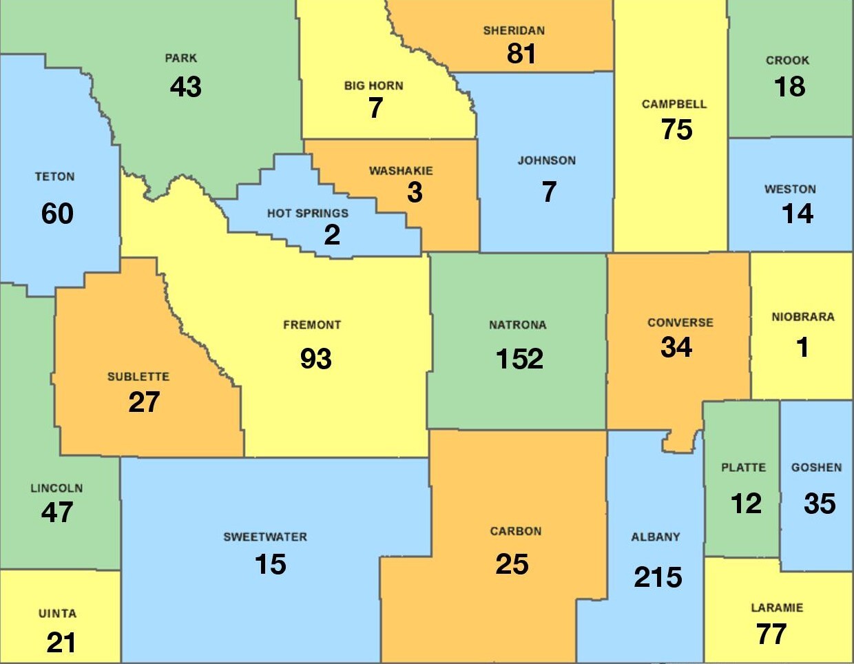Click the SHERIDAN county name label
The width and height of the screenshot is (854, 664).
(x=514, y=30)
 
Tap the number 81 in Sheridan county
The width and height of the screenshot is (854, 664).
(x=521, y=54)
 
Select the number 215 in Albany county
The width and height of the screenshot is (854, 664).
(x=658, y=577)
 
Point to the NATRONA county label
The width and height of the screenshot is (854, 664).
(x=518, y=324)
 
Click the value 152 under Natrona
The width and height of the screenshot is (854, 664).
(x=519, y=359)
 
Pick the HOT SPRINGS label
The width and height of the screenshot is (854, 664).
(x=308, y=214)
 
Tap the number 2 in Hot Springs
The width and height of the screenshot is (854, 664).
(x=332, y=236)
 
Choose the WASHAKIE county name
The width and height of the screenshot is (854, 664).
(x=401, y=171)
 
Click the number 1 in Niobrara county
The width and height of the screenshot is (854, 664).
(x=802, y=348)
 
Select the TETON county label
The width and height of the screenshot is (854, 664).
(x=55, y=177)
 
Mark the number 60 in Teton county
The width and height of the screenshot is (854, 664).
(x=57, y=214)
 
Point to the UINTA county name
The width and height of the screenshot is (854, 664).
(x=57, y=613)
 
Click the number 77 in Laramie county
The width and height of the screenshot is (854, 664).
(x=771, y=634)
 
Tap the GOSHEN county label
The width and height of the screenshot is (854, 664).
(x=816, y=467)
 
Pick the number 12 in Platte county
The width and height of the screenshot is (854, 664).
(x=746, y=504)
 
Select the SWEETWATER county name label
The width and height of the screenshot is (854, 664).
(x=265, y=537)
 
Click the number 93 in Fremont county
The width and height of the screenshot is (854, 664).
(x=316, y=359)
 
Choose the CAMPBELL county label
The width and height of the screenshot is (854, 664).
(x=674, y=104)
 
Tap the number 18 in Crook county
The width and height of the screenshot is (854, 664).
(x=789, y=87)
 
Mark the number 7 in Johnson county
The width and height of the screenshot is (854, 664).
(x=549, y=192)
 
